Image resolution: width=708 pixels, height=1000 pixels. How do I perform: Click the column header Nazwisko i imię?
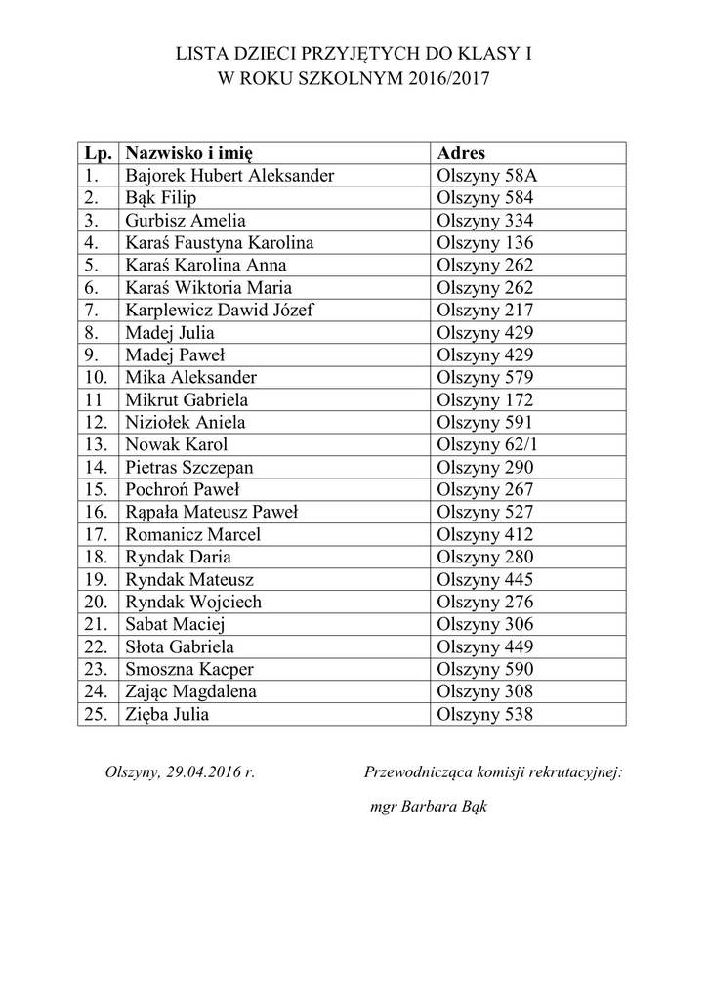[189, 153]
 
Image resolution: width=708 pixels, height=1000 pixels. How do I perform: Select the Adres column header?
[461, 153]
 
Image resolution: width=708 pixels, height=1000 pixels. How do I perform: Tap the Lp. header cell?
[98, 153]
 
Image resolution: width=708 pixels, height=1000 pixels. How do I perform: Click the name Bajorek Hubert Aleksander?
[229, 176]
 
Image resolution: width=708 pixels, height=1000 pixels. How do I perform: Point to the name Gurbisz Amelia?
[186, 221]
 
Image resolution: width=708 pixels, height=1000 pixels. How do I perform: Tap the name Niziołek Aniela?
[186, 423]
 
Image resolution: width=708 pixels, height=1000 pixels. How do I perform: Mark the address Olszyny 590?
[486, 669]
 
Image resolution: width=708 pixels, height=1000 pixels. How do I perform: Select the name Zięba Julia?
[167, 714]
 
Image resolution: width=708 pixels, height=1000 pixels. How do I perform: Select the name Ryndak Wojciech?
[193, 602]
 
